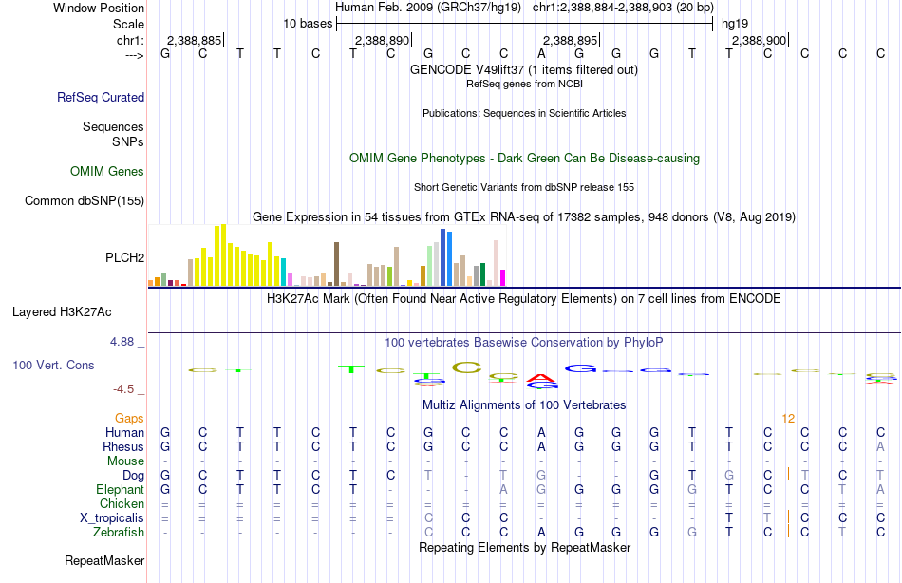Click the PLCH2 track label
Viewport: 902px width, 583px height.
[124, 257]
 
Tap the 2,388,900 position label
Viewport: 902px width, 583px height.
[759, 40]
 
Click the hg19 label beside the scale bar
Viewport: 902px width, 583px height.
[735, 23]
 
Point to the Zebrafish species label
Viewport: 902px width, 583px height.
[119, 533]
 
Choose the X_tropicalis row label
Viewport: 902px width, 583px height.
[112, 517]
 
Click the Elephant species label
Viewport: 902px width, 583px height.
[120, 489]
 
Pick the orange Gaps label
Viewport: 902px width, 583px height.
[129, 418]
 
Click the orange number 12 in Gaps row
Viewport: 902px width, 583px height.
[788, 418]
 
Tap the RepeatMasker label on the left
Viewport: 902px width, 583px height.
[104, 561]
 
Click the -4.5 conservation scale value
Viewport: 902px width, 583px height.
[127, 388]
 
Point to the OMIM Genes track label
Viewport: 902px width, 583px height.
[107, 172]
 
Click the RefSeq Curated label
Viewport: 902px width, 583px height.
[101, 97]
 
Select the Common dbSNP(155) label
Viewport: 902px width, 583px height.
[85, 200]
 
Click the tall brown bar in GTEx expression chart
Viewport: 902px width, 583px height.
[336, 263]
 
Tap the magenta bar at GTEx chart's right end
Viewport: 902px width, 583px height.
[502, 277]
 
